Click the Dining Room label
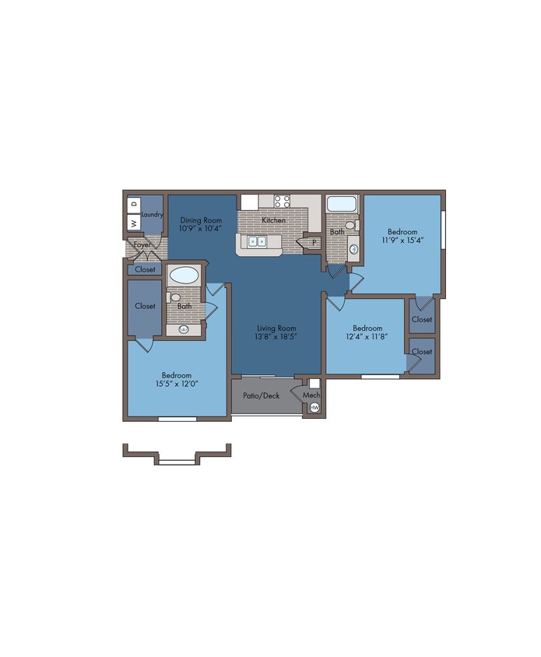click(201, 220)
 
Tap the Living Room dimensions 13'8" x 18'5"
click(276, 336)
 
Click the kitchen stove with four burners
click(282, 201)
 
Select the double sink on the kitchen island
click(256, 242)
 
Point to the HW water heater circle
click(314, 407)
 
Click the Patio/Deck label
click(261, 395)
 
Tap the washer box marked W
click(134, 223)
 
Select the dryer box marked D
click(134, 205)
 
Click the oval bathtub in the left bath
click(184, 276)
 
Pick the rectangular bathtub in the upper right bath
click(342, 204)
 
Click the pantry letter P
click(314, 242)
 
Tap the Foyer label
click(142, 244)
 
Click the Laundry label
click(152, 215)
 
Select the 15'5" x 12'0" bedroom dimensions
click(177, 384)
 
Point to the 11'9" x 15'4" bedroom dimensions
click(402, 240)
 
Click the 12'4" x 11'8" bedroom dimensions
click(367, 336)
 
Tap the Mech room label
click(311, 395)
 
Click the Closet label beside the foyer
click(145, 269)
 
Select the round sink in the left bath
click(184, 329)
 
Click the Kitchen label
click(274, 220)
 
